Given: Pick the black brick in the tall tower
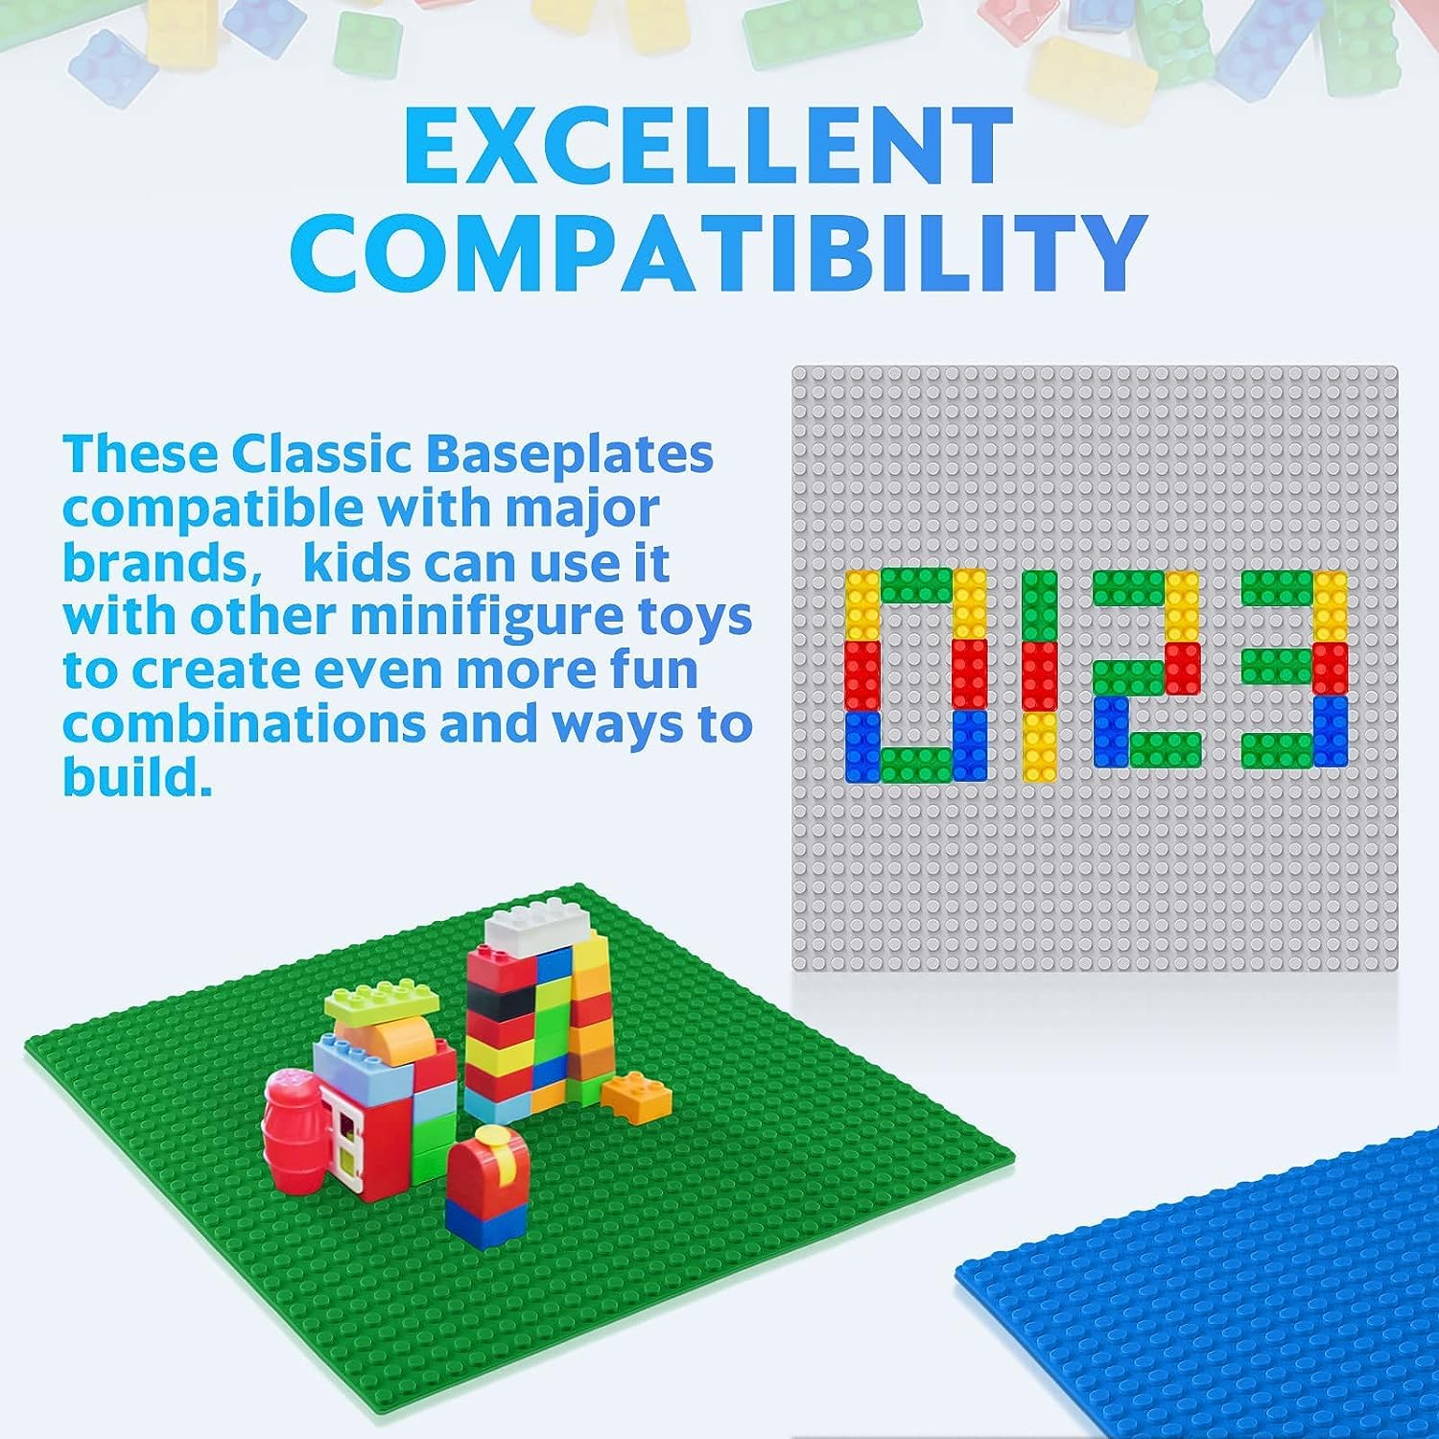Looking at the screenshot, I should coord(499,1003).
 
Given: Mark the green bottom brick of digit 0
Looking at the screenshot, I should coord(916,763).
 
